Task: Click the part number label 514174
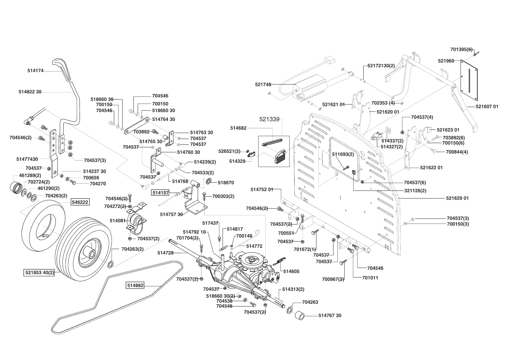(x=35, y=70)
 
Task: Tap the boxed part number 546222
(x=80, y=202)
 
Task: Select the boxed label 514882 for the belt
(x=135, y=286)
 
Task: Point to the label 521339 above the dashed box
(x=269, y=119)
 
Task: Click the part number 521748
(x=263, y=84)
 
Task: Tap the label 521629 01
(x=457, y=198)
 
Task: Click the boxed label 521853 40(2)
(x=39, y=272)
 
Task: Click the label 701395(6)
(x=461, y=49)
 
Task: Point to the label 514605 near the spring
(x=291, y=271)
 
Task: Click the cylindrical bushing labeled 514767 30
(x=301, y=316)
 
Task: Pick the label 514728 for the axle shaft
(x=165, y=253)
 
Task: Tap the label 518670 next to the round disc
(x=226, y=183)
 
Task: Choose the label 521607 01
(x=487, y=107)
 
